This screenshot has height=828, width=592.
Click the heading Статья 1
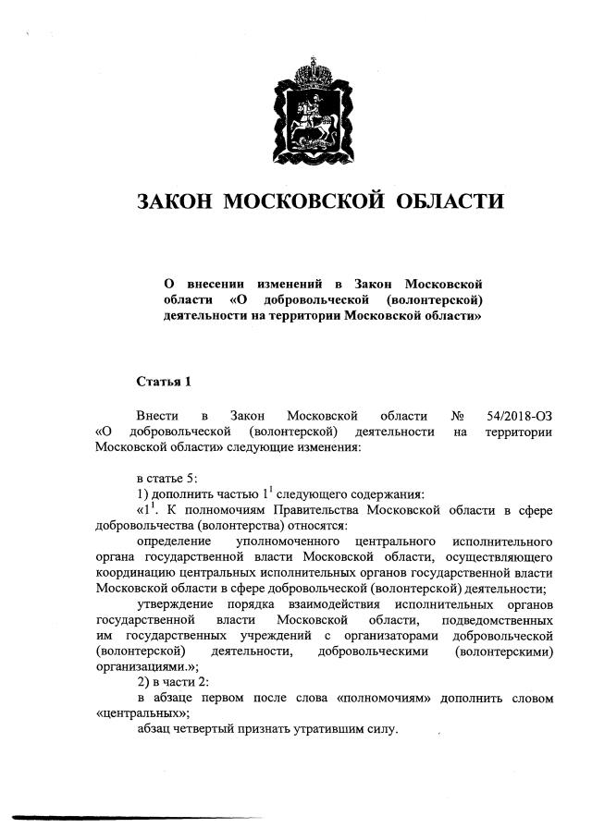[164, 381]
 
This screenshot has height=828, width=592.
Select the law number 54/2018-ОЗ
[519, 416]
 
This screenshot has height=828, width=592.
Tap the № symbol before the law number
[457, 416]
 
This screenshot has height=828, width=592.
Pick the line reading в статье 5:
[167, 477]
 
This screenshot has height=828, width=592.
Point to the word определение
[174, 541]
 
